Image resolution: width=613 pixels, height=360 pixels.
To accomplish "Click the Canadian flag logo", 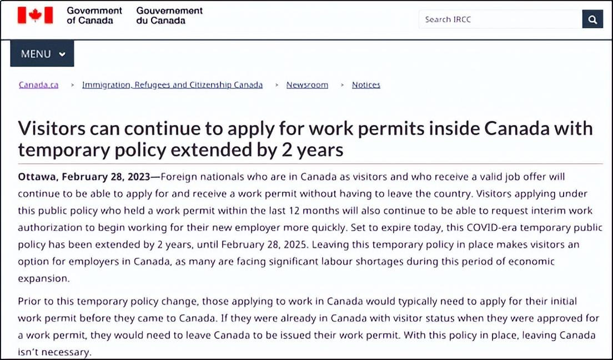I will click(x=35, y=16).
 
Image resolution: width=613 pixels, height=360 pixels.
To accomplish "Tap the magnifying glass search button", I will click(x=592, y=19).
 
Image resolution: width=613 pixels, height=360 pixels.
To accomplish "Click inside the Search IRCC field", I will click(x=500, y=19).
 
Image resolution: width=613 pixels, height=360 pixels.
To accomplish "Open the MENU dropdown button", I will click(x=42, y=54).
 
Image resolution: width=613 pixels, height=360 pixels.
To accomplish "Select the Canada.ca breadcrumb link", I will click(x=38, y=85).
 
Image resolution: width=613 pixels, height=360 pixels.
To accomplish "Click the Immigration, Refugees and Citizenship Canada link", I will click(x=172, y=85).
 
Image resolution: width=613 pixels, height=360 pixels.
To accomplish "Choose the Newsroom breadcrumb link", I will click(x=307, y=85).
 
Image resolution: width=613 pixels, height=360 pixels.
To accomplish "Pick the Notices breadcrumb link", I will click(x=366, y=85).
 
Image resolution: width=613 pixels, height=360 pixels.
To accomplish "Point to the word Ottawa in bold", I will click(x=38, y=177).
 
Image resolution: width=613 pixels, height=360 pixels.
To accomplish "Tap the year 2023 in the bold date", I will click(x=138, y=177).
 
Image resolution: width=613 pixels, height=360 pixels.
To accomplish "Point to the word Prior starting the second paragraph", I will click(x=29, y=301).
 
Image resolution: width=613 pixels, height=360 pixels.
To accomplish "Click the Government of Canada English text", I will click(x=94, y=16).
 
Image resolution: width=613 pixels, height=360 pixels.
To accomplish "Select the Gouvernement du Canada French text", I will click(x=169, y=16).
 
